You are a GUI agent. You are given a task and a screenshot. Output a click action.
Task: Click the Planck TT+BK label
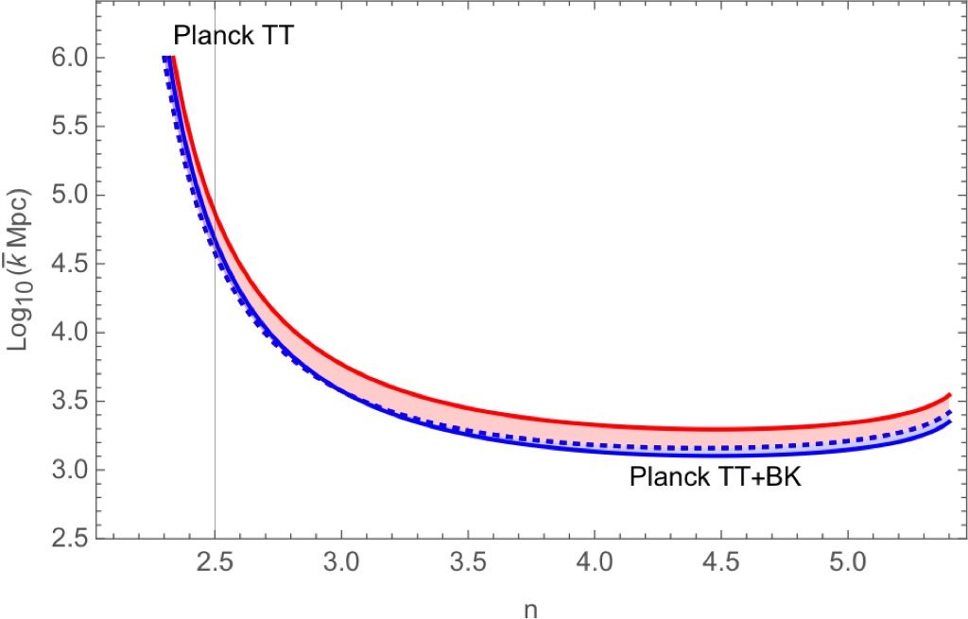point(715,478)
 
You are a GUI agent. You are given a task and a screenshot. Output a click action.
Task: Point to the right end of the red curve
point(948,394)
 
